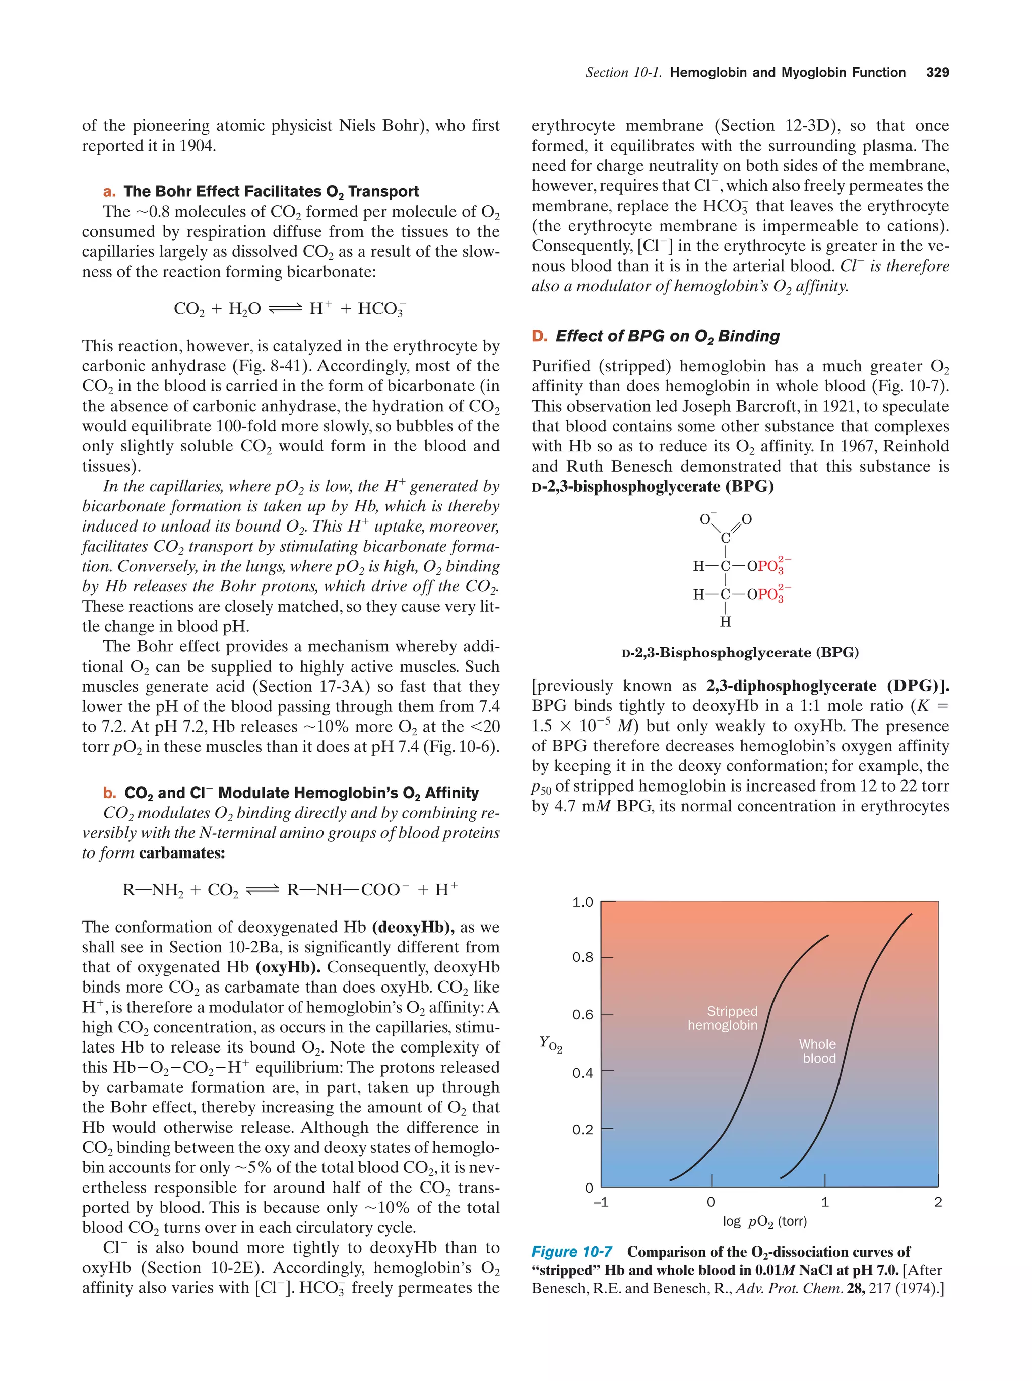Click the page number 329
(937, 72)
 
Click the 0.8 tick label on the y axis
(583, 957)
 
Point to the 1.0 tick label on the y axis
(583, 902)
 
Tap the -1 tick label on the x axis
(600, 1202)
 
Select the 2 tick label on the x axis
(937, 1202)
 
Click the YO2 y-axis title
(551, 1044)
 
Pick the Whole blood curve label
(818, 1051)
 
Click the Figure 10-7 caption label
(571, 1252)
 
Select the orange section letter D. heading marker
(539, 336)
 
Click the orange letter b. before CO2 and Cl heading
(110, 793)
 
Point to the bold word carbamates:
(182, 853)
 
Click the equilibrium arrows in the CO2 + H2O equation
(285, 308)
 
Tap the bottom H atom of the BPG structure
(725, 621)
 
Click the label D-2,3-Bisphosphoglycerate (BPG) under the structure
(740, 652)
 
